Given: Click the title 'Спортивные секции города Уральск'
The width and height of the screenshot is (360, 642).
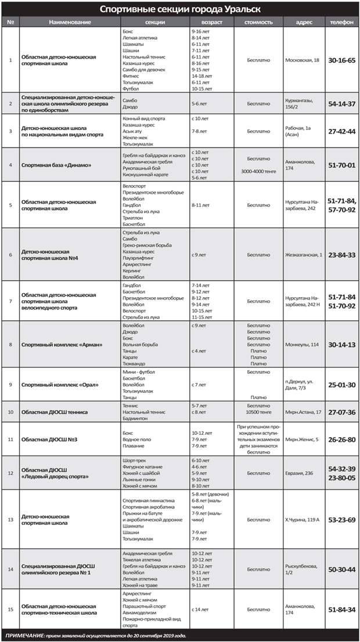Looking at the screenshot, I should [x=180, y=9].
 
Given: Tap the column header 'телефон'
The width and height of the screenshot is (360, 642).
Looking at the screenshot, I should [x=341, y=21].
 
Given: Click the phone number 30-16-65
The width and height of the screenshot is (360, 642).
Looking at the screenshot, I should [x=341, y=60].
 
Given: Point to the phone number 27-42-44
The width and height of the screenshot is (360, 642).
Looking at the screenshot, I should [x=341, y=131].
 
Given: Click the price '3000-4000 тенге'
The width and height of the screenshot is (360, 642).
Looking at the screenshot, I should [x=258, y=171].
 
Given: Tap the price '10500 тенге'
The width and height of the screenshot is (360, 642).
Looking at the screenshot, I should [x=258, y=412].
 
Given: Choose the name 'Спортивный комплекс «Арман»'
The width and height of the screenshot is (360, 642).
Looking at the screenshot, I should [x=62, y=344].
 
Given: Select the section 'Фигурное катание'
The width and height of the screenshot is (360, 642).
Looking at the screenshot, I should [x=141, y=466].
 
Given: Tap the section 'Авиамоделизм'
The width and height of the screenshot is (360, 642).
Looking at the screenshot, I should [x=140, y=609].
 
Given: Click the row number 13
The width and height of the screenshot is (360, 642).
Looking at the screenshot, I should [x=10, y=520].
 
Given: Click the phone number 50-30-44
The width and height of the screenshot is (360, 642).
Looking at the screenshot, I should [x=341, y=569].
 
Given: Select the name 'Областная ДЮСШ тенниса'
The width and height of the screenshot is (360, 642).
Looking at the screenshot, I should [x=55, y=412].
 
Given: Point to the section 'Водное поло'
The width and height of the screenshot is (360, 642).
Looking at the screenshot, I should [x=136, y=439].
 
